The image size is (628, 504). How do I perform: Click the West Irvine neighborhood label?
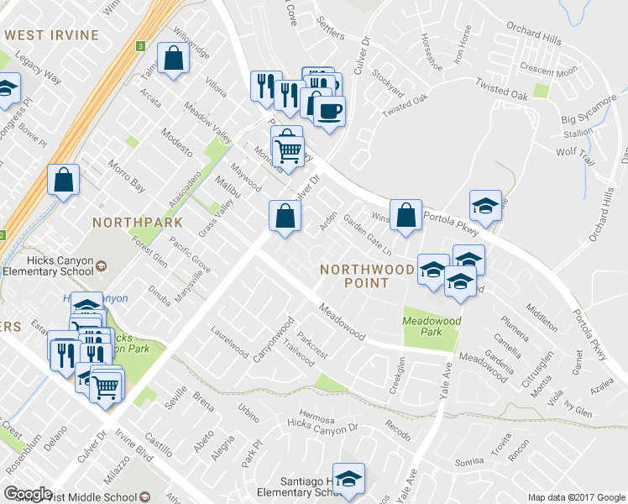click(x=51, y=35)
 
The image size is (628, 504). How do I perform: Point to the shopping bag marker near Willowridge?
click(x=173, y=60)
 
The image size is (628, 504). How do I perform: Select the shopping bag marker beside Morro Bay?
click(x=64, y=180)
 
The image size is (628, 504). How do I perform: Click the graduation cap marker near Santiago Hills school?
click(x=348, y=479)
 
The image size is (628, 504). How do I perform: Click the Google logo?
click(x=29, y=494)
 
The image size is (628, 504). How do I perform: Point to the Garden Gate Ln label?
click(x=368, y=237)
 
